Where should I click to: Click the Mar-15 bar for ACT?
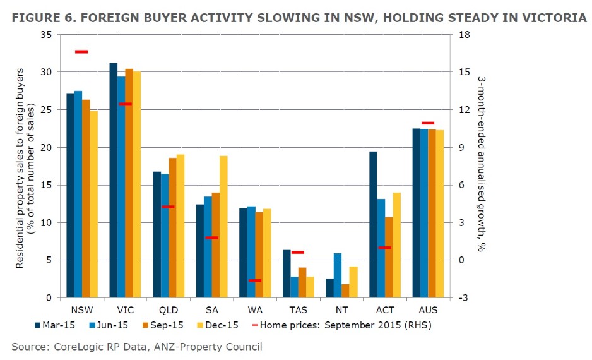click(x=373, y=224)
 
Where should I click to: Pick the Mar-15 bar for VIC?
click(x=114, y=180)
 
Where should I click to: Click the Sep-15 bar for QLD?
click(x=172, y=227)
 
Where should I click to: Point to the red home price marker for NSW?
click(x=81, y=52)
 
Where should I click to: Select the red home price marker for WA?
click(x=254, y=280)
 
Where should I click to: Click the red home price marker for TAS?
click(x=298, y=253)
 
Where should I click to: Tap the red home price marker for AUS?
click(x=428, y=123)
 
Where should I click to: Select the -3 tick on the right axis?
click(x=462, y=298)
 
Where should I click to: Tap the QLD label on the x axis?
click(x=169, y=310)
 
